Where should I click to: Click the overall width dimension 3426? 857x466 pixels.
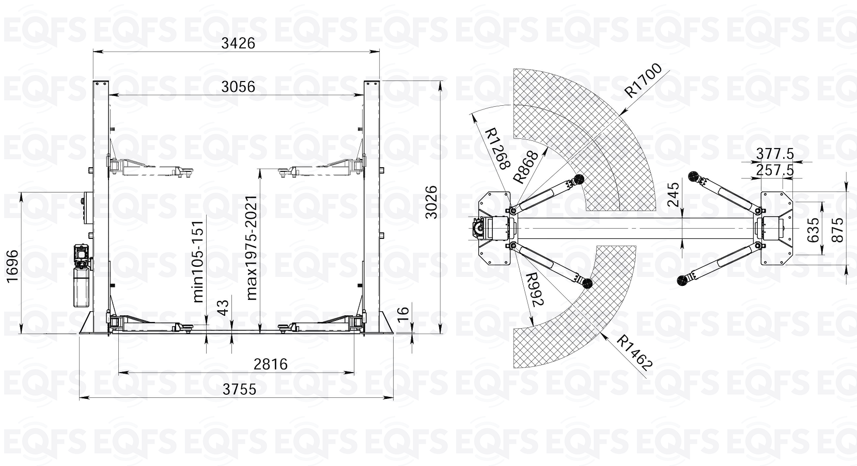tap(238, 43)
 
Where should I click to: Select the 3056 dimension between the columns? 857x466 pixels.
tap(238, 87)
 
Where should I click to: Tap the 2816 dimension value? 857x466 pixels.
tap(271, 364)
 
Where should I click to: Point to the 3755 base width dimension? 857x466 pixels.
tap(240, 389)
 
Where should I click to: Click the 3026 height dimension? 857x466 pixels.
tap(431, 202)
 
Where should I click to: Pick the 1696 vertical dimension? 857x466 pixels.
tap(12, 266)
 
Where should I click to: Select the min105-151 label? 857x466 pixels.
tap(198, 261)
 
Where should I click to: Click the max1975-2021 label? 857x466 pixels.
tap(252, 248)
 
